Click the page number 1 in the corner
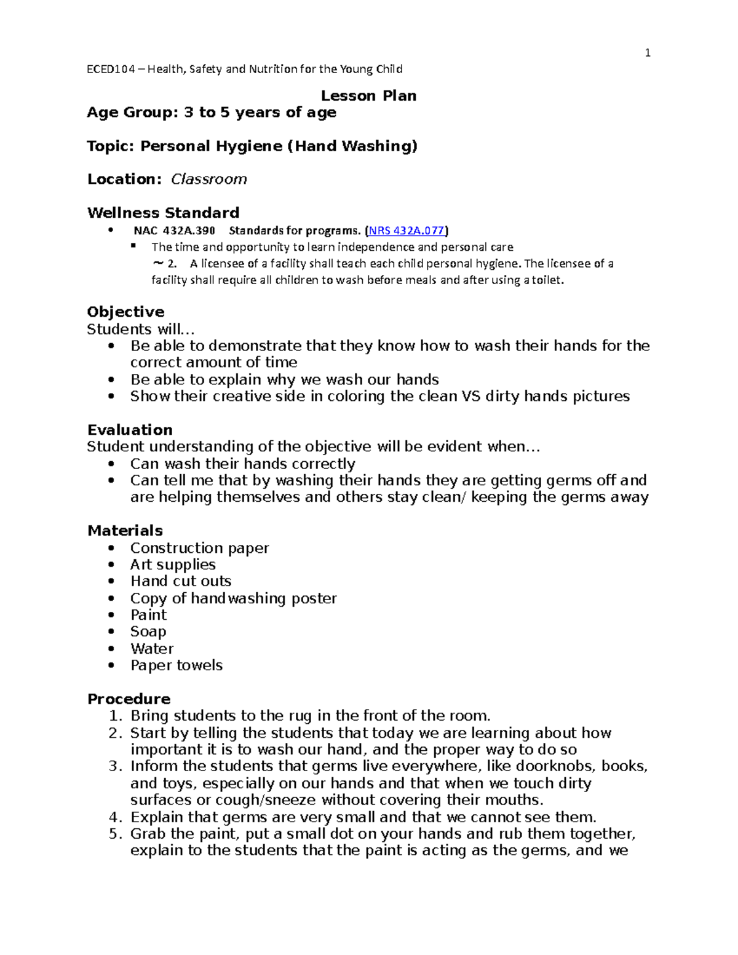click(x=647, y=53)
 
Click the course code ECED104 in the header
click(x=111, y=69)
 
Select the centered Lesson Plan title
click(x=368, y=95)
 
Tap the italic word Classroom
click(x=208, y=179)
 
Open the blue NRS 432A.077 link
click(x=406, y=231)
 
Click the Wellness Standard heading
click(x=163, y=213)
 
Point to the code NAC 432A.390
click(x=174, y=231)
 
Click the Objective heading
click(x=125, y=312)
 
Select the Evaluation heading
click(x=130, y=429)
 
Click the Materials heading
click(x=125, y=530)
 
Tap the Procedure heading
click(x=129, y=699)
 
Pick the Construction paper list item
click(x=199, y=547)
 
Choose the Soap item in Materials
click(x=148, y=632)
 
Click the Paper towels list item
click(x=176, y=665)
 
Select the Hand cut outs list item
click(x=180, y=581)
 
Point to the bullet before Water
click(x=111, y=649)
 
